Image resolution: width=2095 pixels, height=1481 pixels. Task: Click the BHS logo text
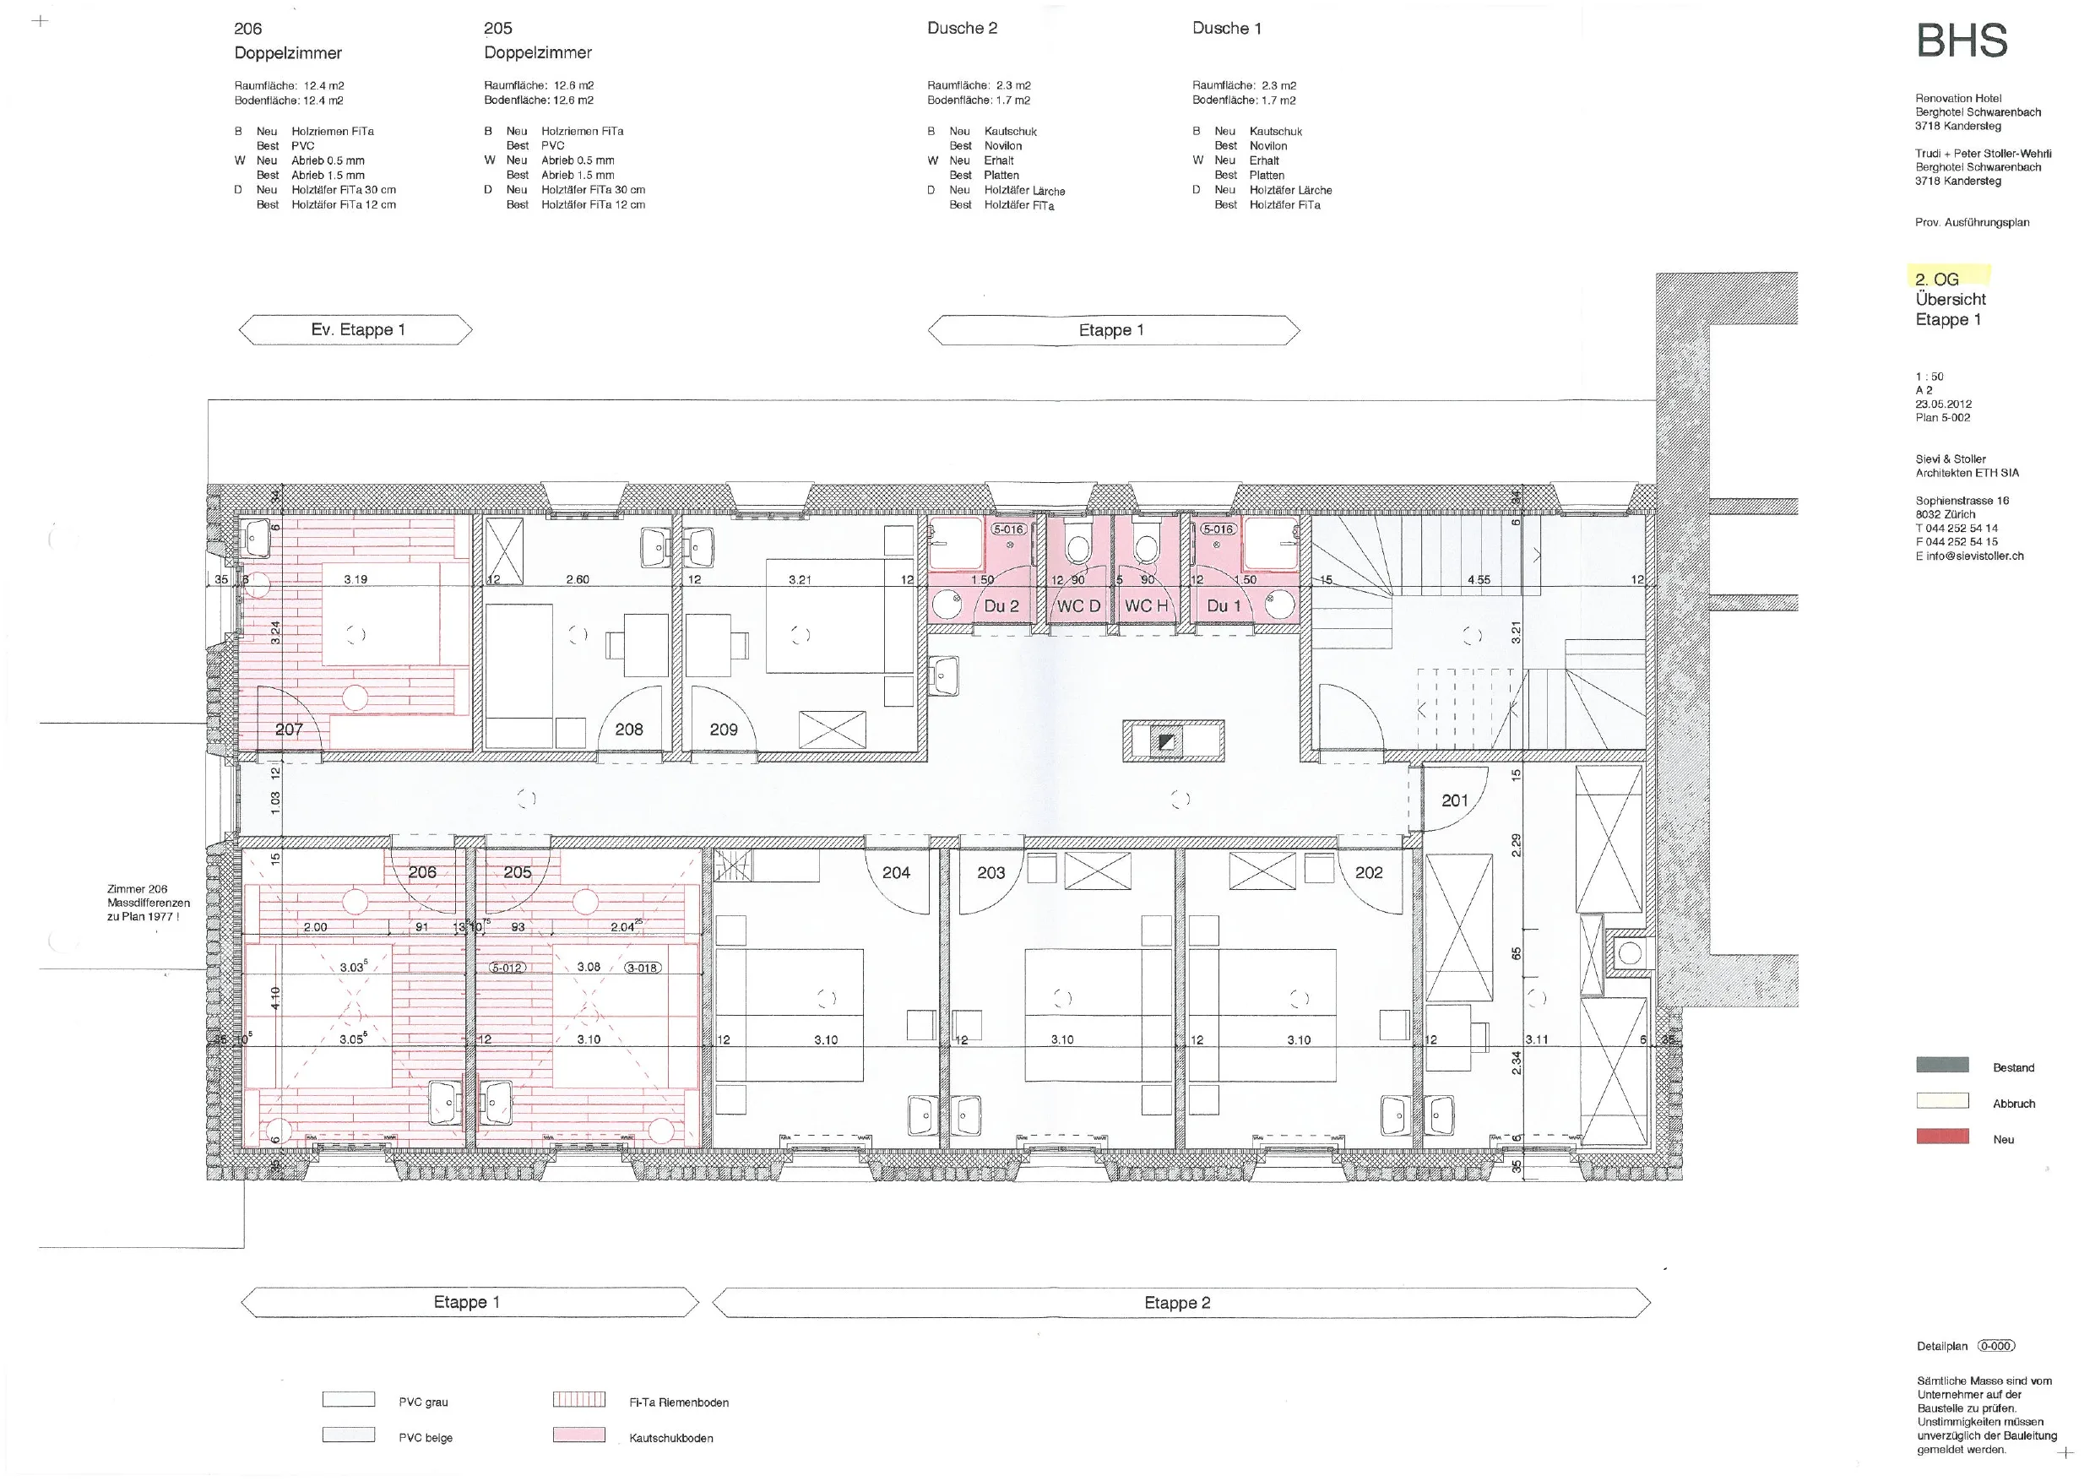pos(1962,41)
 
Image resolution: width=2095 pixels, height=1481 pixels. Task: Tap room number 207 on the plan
pos(290,729)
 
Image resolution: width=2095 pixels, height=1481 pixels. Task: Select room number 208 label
pos(629,729)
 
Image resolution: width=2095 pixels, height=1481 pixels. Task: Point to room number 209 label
pos(724,729)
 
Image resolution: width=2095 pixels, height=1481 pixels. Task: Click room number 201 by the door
pos(1454,800)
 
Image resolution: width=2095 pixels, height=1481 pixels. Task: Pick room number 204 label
pos(896,872)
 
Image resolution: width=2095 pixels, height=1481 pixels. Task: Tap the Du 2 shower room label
pos(1001,606)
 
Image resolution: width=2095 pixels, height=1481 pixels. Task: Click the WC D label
pos(1078,606)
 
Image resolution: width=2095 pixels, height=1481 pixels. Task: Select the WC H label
pos(1146,606)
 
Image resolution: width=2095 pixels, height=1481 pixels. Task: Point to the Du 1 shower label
pos(1224,606)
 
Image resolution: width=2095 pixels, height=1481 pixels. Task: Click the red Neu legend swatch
pos(1941,1136)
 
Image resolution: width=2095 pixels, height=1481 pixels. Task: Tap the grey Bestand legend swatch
pos(1941,1065)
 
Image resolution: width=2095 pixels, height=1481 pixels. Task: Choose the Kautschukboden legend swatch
pos(578,1435)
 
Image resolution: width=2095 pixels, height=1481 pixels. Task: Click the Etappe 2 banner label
pos(1177,1303)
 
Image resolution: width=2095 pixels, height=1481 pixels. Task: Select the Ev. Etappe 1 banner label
pos(358,329)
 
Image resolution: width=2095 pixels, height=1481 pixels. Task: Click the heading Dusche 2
pos(962,29)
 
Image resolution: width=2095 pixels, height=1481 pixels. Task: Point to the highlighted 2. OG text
pos(1936,279)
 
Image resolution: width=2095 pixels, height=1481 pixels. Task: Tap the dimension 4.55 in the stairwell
pos(1479,579)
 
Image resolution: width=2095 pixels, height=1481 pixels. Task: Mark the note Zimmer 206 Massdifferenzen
pos(149,903)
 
